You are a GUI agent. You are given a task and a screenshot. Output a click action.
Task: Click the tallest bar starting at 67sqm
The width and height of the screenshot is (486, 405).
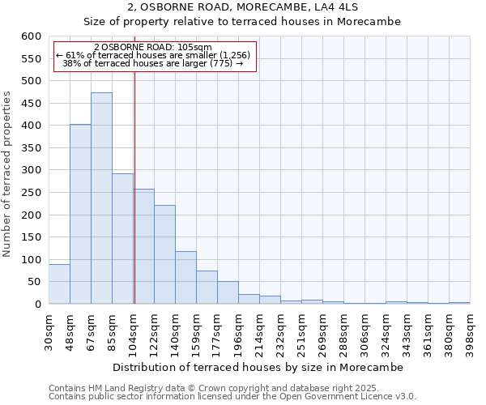tap(101, 198)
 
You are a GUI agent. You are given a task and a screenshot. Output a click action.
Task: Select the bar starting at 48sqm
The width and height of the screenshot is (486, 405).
tap(80, 215)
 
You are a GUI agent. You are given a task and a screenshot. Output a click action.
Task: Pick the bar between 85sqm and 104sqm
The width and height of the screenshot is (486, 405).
tap(122, 239)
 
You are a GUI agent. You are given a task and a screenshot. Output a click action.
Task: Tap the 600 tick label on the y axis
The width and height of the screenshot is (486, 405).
tap(31, 36)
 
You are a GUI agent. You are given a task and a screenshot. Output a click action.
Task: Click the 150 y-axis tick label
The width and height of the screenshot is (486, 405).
tap(31, 237)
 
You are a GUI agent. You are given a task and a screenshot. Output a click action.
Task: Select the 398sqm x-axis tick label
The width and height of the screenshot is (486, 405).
tap(470, 330)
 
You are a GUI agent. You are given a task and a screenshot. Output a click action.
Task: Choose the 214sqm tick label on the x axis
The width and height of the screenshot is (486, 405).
tap(259, 330)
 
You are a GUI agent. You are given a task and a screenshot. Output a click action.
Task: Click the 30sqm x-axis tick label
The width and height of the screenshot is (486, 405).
tap(49, 330)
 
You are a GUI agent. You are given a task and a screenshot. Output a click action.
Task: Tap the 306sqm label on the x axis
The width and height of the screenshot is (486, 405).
tap(364, 330)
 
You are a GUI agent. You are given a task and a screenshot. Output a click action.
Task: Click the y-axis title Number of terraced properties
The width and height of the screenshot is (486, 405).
tap(7, 174)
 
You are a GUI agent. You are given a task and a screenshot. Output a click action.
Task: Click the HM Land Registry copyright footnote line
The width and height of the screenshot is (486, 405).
tap(220, 388)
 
